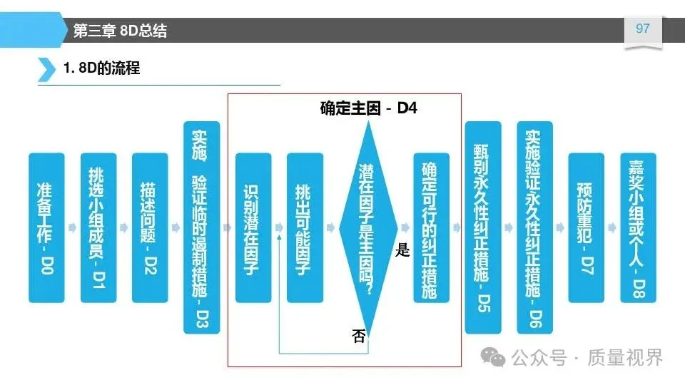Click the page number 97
pyautogui.click(x=642, y=29)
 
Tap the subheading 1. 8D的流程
pyautogui.click(x=101, y=69)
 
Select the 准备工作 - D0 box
pyautogui.click(x=47, y=227)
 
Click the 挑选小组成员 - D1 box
pyautogui.click(x=98, y=227)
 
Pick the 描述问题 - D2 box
pyautogui.click(x=150, y=227)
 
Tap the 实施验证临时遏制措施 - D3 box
pyautogui.click(x=201, y=227)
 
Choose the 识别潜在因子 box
pyautogui.click(x=253, y=227)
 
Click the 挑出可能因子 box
pyautogui.click(x=305, y=227)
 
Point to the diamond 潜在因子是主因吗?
pyautogui.click(x=368, y=227)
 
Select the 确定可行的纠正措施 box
pyautogui.click(x=432, y=227)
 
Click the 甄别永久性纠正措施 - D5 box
pyautogui.click(x=483, y=227)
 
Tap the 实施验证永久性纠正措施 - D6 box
pyautogui.click(x=534, y=227)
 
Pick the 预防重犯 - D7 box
pyautogui.click(x=586, y=227)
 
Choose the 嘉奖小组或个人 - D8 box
pyautogui.click(x=637, y=227)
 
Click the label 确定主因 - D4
pyautogui.click(x=368, y=109)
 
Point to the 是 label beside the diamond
pyautogui.click(x=402, y=250)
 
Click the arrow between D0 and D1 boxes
pyautogui.click(x=73, y=227)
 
